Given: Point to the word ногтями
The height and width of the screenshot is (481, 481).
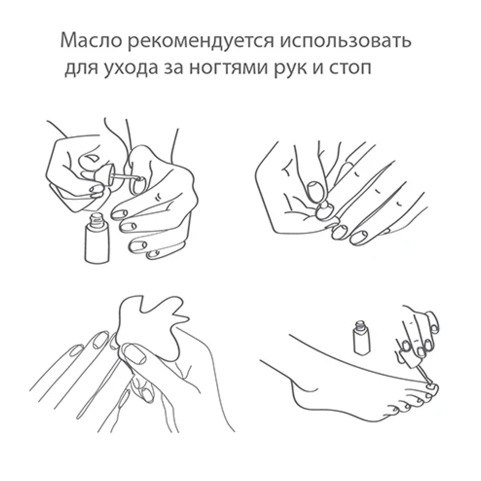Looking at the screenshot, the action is point(229,68).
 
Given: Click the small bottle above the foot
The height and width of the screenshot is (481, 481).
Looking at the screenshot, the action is point(362,338).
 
